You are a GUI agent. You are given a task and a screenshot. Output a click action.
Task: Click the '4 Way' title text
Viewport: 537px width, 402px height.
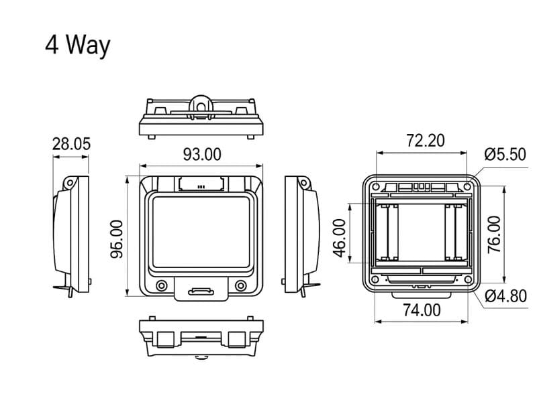77,46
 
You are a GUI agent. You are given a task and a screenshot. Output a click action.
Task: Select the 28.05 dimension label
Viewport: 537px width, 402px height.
71,144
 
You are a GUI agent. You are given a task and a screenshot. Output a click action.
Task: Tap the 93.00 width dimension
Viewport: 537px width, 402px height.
202,154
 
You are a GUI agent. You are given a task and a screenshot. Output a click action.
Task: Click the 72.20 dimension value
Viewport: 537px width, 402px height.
426,140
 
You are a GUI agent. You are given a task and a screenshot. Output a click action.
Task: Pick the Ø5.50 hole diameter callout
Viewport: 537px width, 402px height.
505,155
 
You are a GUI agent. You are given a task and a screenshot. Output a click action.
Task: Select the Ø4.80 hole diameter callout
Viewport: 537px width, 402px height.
505,295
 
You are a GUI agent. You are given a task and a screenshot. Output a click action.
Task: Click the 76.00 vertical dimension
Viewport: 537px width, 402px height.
494,234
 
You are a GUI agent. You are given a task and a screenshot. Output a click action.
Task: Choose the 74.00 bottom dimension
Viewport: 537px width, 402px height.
422,310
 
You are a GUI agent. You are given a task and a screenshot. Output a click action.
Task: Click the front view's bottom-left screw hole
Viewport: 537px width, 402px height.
161,286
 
